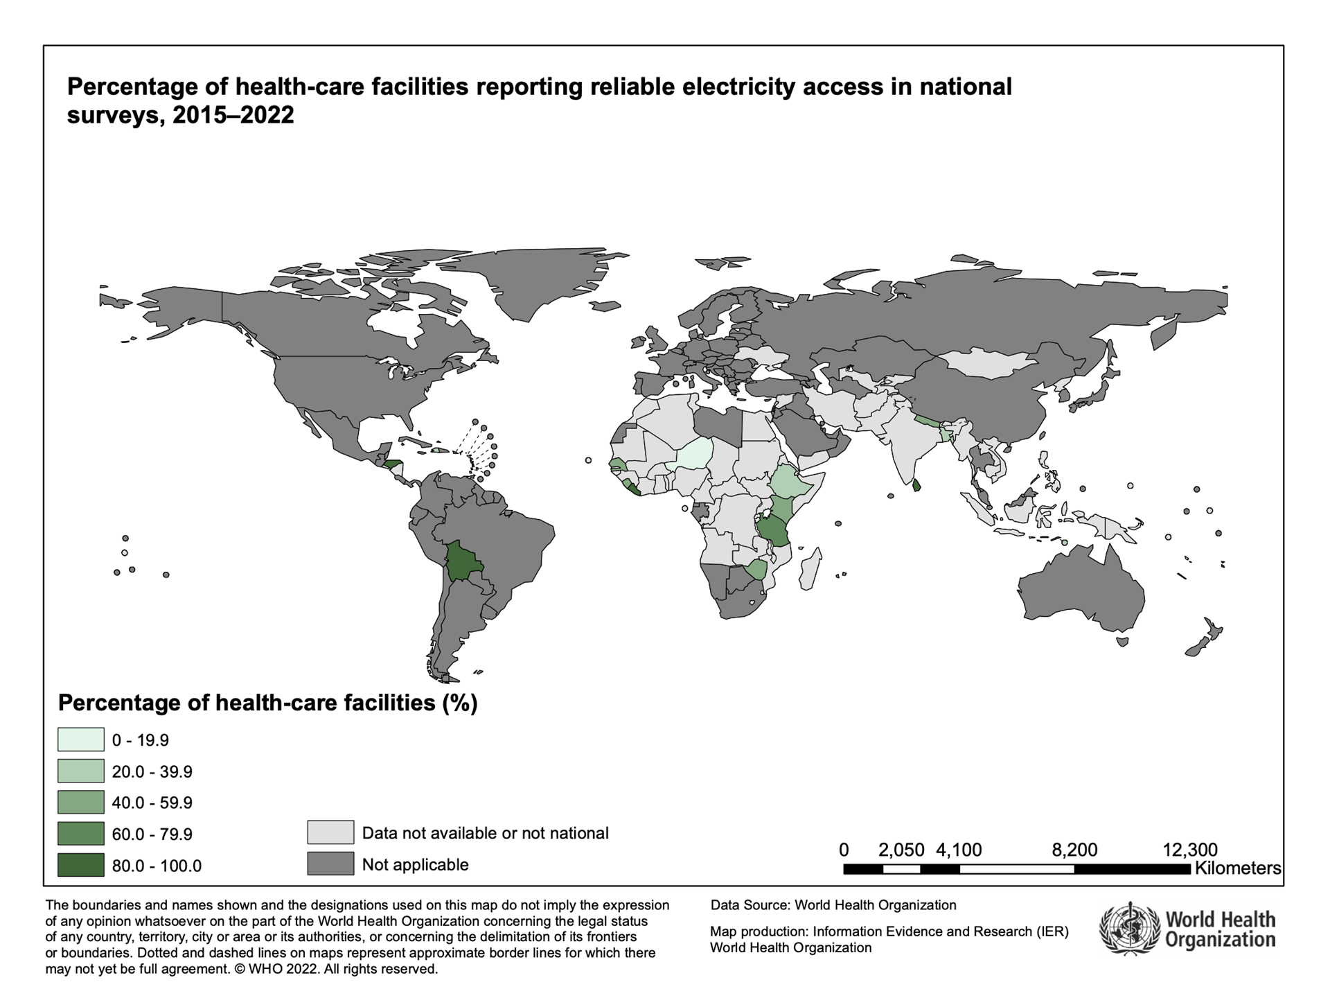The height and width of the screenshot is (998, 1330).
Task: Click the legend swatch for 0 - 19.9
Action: tap(80, 739)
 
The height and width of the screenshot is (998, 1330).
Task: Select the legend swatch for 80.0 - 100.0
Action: tap(80, 865)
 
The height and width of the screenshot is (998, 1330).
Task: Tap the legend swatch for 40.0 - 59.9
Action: tap(80, 803)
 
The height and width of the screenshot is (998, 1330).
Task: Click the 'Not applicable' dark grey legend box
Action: tap(330, 864)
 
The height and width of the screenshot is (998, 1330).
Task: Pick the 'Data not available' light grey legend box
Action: tap(330, 832)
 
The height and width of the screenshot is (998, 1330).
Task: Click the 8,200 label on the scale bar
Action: tap(1074, 849)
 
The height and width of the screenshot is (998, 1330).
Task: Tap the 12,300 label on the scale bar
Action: tap(1189, 849)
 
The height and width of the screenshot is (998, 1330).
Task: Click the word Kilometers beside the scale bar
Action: tap(1238, 868)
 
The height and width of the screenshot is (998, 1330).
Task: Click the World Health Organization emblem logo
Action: tap(1129, 929)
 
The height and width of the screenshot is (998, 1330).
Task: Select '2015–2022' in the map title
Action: tap(233, 115)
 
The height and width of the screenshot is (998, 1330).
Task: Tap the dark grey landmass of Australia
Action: tap(1081, 589)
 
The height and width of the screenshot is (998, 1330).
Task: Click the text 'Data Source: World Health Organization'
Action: tap(833, 904)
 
